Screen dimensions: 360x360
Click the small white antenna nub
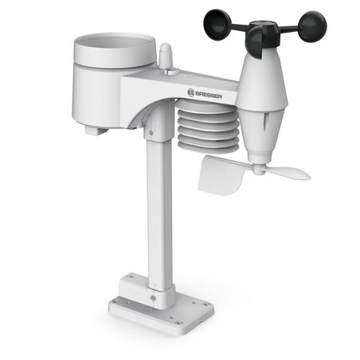[x=168, y=57]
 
